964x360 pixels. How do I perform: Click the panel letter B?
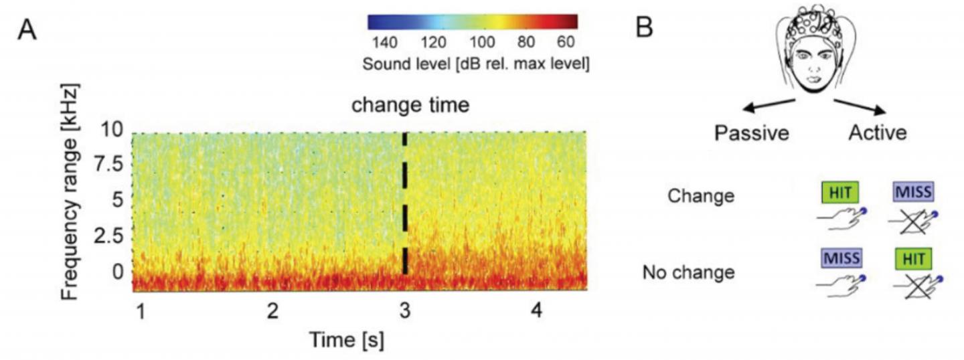643,27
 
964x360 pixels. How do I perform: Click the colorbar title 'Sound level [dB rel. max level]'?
475,64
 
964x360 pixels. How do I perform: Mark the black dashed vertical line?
404,201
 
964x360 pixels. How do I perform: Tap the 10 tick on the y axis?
114,129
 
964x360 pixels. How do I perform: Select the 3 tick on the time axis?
404,310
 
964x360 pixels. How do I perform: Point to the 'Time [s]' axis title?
346,340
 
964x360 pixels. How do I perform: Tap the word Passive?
752,133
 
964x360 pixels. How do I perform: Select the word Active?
877,132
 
